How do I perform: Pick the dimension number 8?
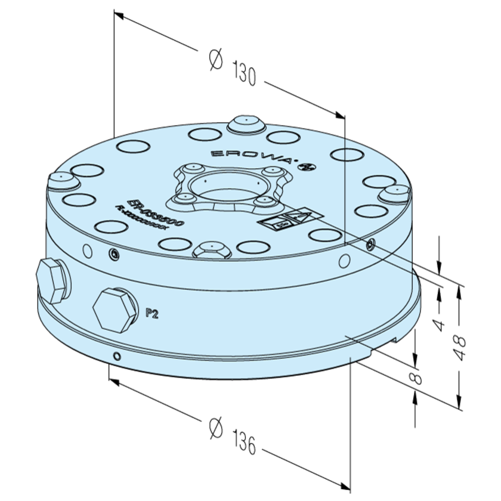point(416,377)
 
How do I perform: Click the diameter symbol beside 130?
point(216,59)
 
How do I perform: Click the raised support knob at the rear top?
point(245,123)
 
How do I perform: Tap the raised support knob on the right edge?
point(395,192)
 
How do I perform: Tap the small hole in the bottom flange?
point(117,356)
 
